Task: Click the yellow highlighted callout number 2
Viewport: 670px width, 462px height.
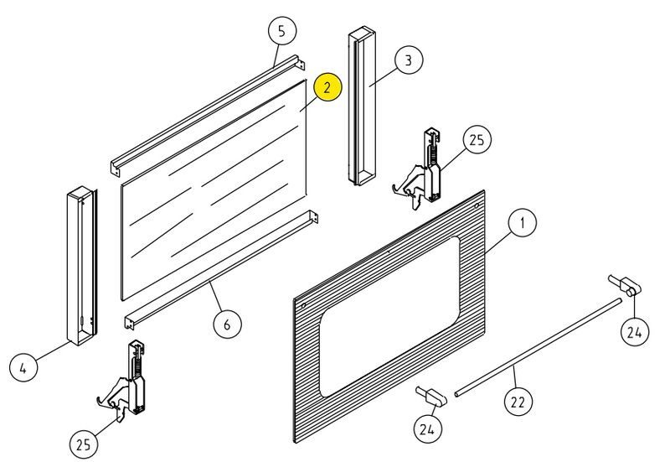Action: [327, 87]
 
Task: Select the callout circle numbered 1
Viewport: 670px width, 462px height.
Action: [522, 223]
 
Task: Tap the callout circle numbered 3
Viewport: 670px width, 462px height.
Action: [409, 60]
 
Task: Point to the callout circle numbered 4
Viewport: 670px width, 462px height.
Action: [23, 367]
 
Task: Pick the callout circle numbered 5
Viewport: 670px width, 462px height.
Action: [282, 30]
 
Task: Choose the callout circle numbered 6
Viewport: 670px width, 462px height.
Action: [227, 324]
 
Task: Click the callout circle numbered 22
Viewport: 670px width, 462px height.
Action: [518, 402]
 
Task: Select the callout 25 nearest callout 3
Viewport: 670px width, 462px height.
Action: [477, 139]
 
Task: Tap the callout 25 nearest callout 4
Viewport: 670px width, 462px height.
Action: [83, 444]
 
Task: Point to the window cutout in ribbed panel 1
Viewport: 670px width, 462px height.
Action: [389, 316]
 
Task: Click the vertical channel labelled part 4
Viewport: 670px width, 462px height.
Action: [81, 267]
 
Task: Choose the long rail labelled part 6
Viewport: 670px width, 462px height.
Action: [222, 269]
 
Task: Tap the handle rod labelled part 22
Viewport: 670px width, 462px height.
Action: [539, 347]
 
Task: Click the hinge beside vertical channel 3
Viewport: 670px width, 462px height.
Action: [421, 169]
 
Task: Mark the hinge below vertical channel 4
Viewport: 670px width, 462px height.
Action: [125, 378]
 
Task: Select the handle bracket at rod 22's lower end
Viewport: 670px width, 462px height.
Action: [431, 395]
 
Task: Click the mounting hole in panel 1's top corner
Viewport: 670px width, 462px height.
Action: [477, 206]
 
